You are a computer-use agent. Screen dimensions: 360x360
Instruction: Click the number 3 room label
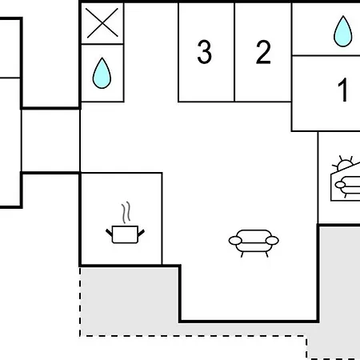click(x=205, y=52)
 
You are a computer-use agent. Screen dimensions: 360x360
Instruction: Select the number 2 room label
click(x=263, y=52)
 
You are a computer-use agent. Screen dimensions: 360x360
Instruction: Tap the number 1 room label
click(x=343, y=90)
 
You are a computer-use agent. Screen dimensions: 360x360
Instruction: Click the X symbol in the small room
click(x=102, y=23)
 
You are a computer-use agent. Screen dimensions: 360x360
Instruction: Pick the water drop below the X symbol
click(x=102, y=73)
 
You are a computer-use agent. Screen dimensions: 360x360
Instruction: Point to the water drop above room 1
click(x=343, y=31)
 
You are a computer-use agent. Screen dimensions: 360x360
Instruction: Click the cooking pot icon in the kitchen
click(x=125, y=234)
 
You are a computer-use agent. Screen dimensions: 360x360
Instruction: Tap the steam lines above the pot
click(x=126, y=212)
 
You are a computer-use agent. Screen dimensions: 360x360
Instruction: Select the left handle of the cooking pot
click(x=109, y=233)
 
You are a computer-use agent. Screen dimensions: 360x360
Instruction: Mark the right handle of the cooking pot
click(x=141, y=233)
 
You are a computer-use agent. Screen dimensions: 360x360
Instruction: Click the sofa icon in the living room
click(x=254, y=243)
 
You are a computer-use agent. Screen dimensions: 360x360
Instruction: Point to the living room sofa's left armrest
click(x=235, y=241)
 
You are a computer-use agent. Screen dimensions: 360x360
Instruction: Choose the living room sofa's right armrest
click(x=272, y=241)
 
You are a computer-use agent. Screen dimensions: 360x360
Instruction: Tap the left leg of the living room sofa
click(x=242, y=254)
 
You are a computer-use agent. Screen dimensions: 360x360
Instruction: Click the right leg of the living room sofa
click(x=266, y=254)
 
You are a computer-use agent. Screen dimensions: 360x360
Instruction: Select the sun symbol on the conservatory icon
click(x=343, y=163)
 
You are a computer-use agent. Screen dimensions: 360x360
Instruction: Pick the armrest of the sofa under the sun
click(x=340, y=185)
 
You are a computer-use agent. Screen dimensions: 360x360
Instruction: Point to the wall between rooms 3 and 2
click(x=234, y=52)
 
